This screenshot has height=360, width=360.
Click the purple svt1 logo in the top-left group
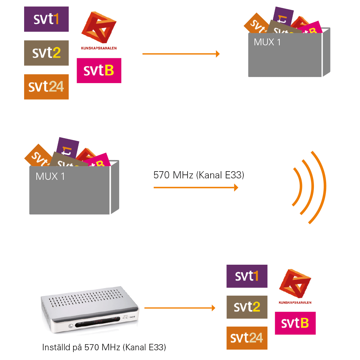pyautogui.click(x=46, y=19)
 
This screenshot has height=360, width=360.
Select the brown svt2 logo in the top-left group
pyautogui.click(x=46, y=53)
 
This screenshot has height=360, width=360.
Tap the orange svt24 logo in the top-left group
pyautogui.click(x=46, y=87)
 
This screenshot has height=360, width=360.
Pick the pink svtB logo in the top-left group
pyautogui.click(x=99, y=70)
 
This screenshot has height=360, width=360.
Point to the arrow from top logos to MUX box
pyautogui.click(x=181, y=54)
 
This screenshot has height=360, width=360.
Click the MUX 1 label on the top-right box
pyautogui.click(x=267, y=42)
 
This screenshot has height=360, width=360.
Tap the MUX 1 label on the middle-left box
pyautogui.click(x=50, y=177)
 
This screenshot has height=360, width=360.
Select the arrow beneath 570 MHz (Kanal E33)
pyautogui.click(x=196, y=187)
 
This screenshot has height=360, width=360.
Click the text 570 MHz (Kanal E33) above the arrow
pyautogui.click(x=199, y=176)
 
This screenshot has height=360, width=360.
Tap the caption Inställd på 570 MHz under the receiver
pyautogui.click(x=104, y=347)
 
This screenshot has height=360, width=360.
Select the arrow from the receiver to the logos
pyautogui.click(x=179, y=308)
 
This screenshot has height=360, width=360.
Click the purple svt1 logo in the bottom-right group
pyautogui.click(x=247, y=276)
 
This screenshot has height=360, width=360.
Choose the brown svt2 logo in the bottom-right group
pyautogui.click(x=247, y=307)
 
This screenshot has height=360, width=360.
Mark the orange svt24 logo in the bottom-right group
pyautogui.click(x=247, y=338)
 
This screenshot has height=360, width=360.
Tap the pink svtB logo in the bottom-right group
pyautogui.click(x=295, y=323)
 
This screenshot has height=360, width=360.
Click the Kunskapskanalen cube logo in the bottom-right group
pyautogui.click(x=295, y=284)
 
